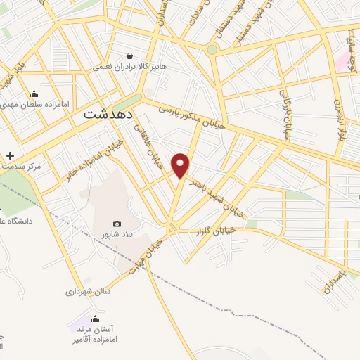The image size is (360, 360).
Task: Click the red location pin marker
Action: [181, 164]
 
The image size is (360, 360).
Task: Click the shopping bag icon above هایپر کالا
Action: [129, 56]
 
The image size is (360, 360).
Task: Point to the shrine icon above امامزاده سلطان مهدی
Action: [34, 94]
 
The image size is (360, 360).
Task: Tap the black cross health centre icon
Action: [10, 155]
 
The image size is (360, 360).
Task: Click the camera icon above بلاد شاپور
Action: [117, 223]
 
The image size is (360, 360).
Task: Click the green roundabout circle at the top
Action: [212, 49]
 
